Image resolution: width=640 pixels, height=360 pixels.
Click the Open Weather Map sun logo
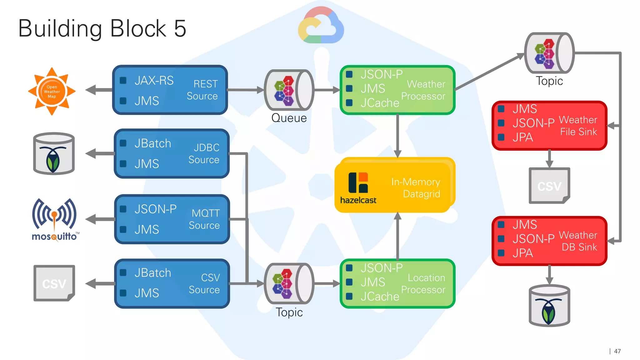(x=52, y=92)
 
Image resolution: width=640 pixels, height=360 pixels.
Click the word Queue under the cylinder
(x=289, y=118)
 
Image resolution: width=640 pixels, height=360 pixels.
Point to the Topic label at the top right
(x=549, y=81)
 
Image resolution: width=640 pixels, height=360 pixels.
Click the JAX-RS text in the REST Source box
(x=154, y=81)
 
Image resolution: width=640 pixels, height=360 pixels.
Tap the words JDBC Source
(x=204, y=153)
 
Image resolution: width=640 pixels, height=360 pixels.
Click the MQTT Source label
(x=204, y=219)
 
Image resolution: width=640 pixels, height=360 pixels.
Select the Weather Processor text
(x=424, y=90)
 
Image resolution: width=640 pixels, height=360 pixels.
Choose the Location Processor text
(x=424, y=284)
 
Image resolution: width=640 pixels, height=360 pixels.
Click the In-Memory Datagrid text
(x=416, y=188)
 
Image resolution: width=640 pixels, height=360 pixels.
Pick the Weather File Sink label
(x=578, y=126)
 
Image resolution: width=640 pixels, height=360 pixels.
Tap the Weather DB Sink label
(x=578, y=241)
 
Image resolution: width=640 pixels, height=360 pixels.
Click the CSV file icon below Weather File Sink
(x=549, y=186)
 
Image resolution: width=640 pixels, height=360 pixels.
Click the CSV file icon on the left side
(x=54, y=283)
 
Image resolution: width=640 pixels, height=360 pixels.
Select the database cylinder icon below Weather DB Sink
(x=549, y=306)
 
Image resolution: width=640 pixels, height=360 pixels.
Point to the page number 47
(x=617, y=351)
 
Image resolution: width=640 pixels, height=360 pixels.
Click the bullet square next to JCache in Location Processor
(x=349, y=296)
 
